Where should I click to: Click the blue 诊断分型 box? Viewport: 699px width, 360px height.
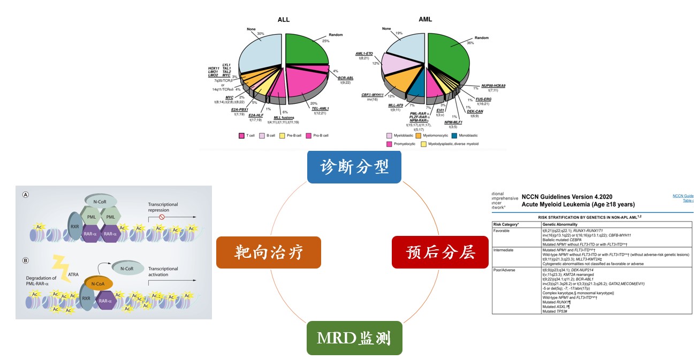point(354,166)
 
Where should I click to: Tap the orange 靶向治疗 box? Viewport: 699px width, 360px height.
point(268,252)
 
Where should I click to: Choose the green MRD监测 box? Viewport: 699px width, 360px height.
point(354,338)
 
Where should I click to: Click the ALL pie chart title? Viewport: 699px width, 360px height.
point(284,20)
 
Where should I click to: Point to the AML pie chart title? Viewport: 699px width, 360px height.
point(425,20)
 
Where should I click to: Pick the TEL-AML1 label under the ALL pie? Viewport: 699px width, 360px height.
point(321,109)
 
